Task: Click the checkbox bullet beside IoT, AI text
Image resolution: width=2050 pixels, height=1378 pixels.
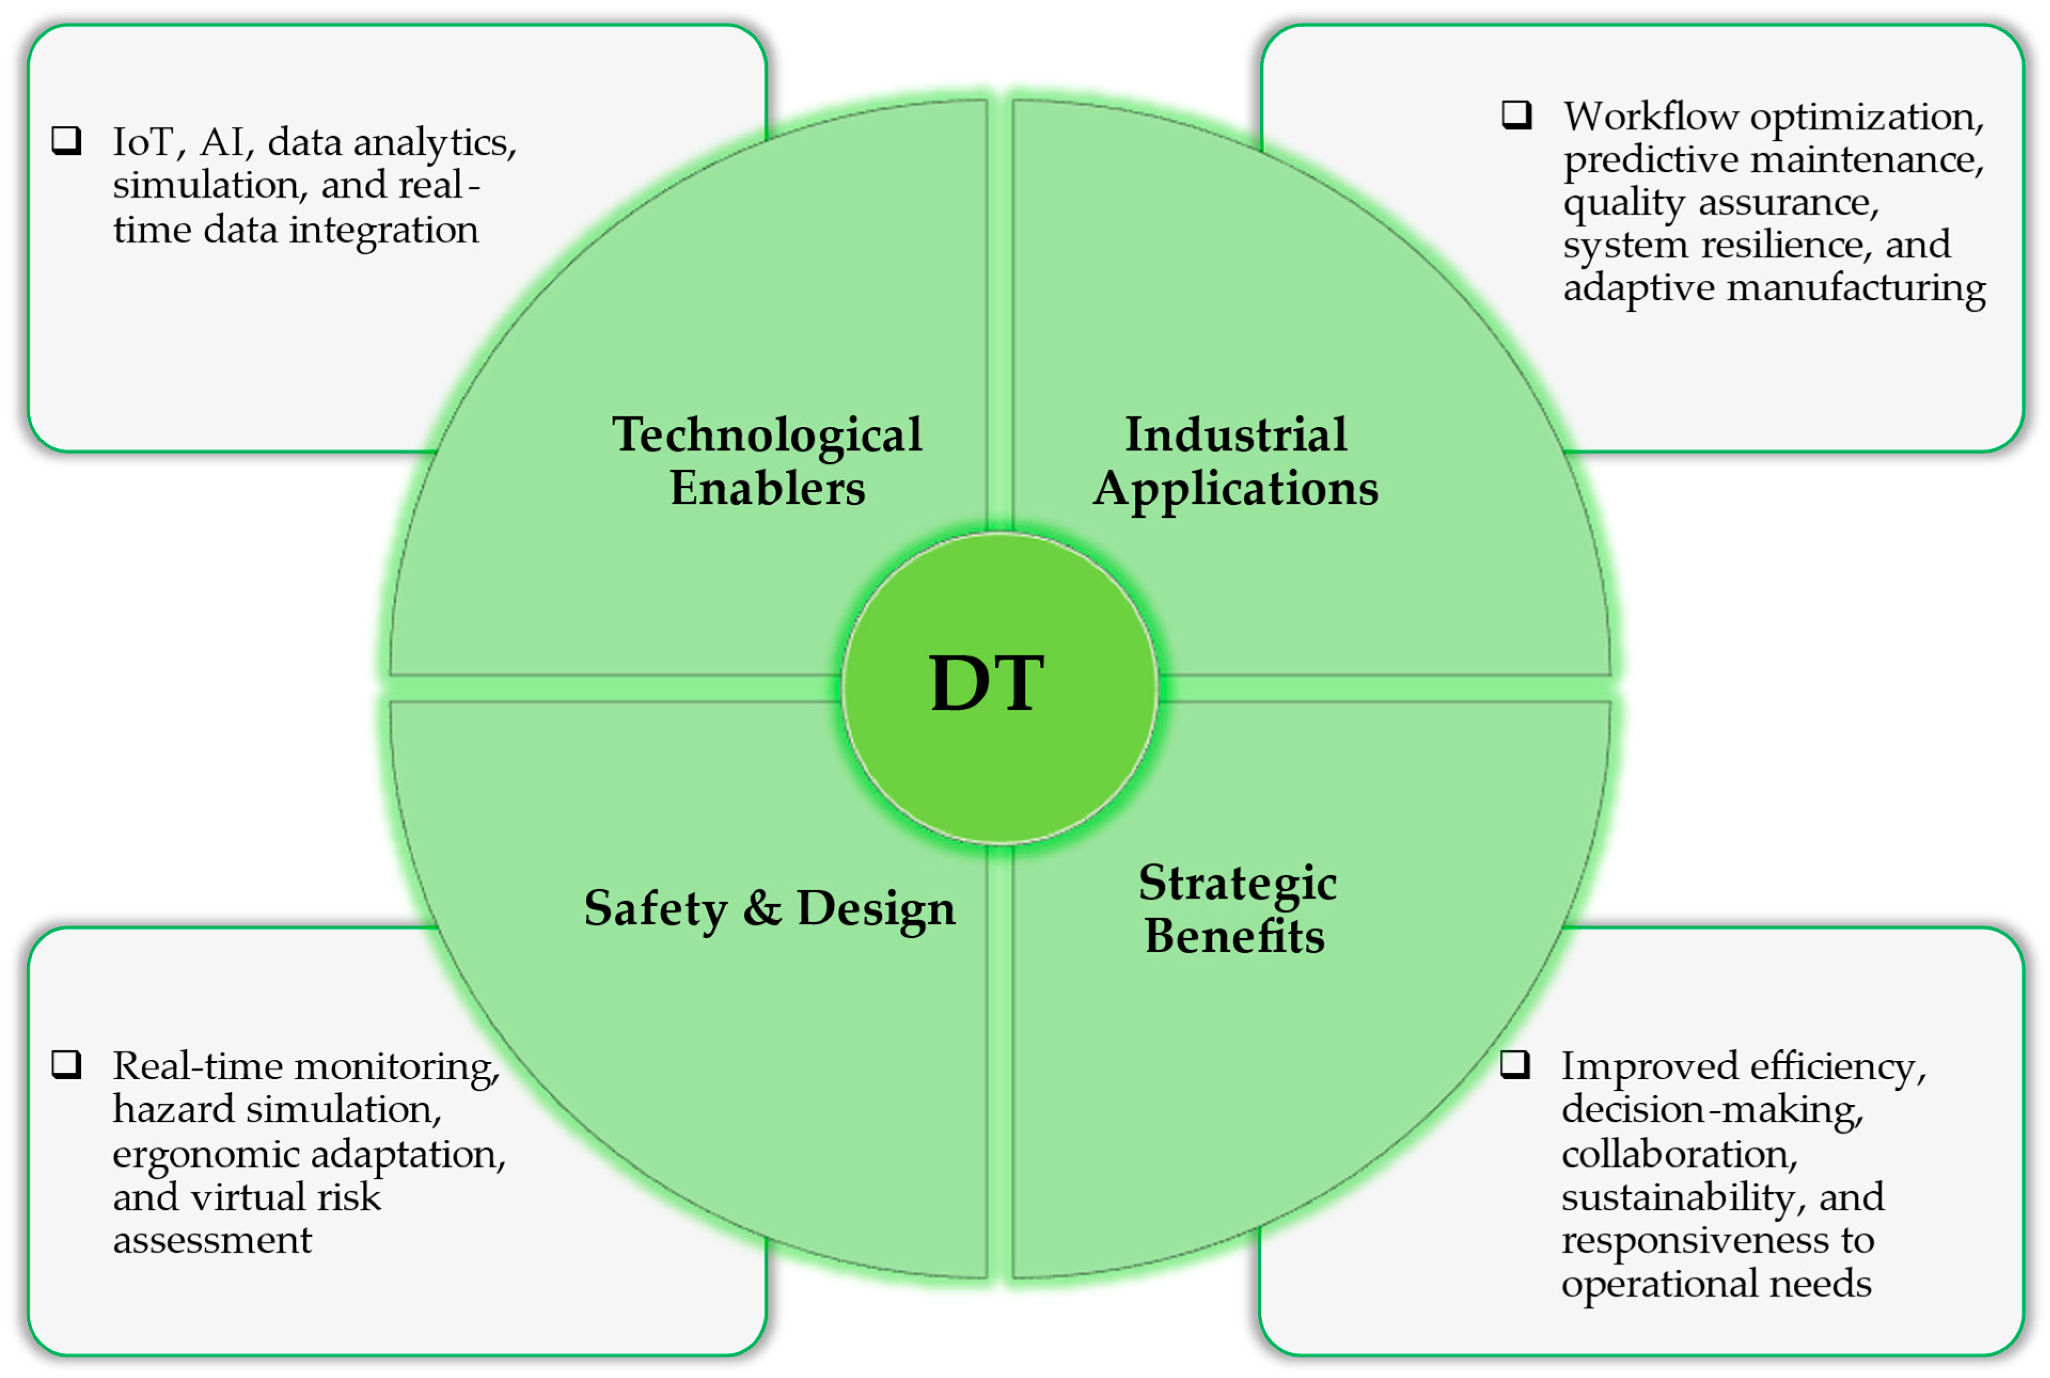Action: [x=67, y=140]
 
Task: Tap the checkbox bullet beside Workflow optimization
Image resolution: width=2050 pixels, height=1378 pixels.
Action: [x=1516, y=115]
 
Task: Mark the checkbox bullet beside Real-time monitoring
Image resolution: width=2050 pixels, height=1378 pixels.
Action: [x=67, y=1064]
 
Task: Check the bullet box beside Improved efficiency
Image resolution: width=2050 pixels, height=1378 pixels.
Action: [x=1515, y=1064]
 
